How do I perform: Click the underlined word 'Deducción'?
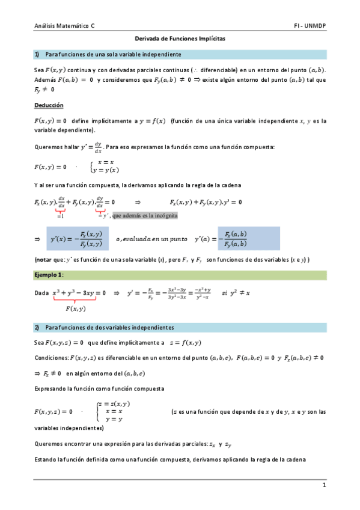pos(49,105)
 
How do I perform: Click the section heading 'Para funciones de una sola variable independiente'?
pos(114,54)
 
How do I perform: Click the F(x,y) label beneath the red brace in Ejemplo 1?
pos(75,309)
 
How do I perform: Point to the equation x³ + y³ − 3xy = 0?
pos(79,293)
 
